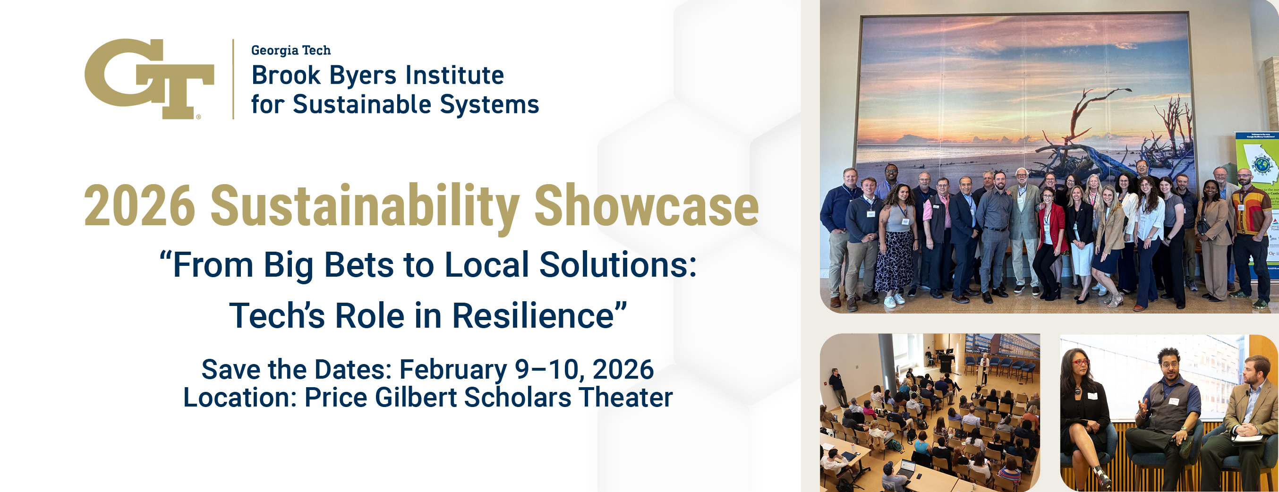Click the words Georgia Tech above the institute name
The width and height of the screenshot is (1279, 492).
[290, 50]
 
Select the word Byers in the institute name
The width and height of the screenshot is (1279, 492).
[363, 76]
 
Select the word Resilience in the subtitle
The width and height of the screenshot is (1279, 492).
[533, 316]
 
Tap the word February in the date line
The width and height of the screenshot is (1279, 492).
[453, 370]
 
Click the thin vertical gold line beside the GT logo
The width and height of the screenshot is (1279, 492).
[233, 79]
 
